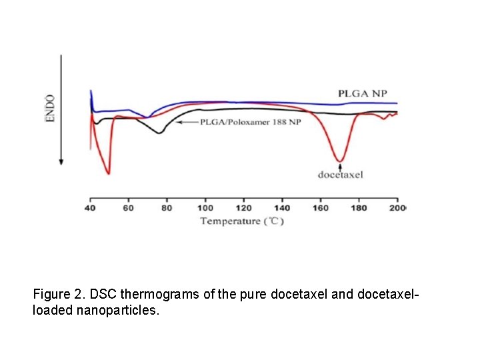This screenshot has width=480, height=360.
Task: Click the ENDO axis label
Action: coord(51,107)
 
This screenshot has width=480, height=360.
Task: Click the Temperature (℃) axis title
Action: coord(242,221)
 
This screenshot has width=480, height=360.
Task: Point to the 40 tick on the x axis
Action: coord(90,208)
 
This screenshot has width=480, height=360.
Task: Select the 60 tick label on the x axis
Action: coord(128,208)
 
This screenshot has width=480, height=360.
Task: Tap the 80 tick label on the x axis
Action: coord(167,208)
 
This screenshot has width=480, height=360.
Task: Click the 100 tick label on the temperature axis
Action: coord(205,208)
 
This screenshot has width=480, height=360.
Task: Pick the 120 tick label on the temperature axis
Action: coord(244,208)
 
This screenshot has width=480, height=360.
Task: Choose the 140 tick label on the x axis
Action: coord(282,208)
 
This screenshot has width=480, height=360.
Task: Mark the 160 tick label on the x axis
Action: coord(321,208)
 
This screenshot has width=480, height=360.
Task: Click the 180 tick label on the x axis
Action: coord(359,208)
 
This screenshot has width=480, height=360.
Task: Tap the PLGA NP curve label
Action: coord(362,93)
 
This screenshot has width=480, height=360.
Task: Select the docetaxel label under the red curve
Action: coord(340,175)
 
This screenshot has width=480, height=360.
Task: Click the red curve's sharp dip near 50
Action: coord(108,173)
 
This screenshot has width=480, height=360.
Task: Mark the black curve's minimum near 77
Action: coord(159,133)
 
